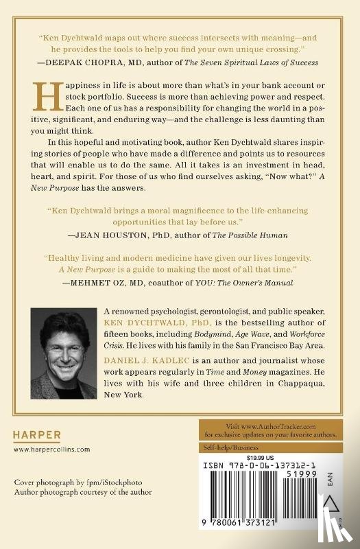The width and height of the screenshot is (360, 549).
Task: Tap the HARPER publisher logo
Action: pyautogui.click(x=38, y=434)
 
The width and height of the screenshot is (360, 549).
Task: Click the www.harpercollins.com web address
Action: pyautogui.click(x=51, y=449)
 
